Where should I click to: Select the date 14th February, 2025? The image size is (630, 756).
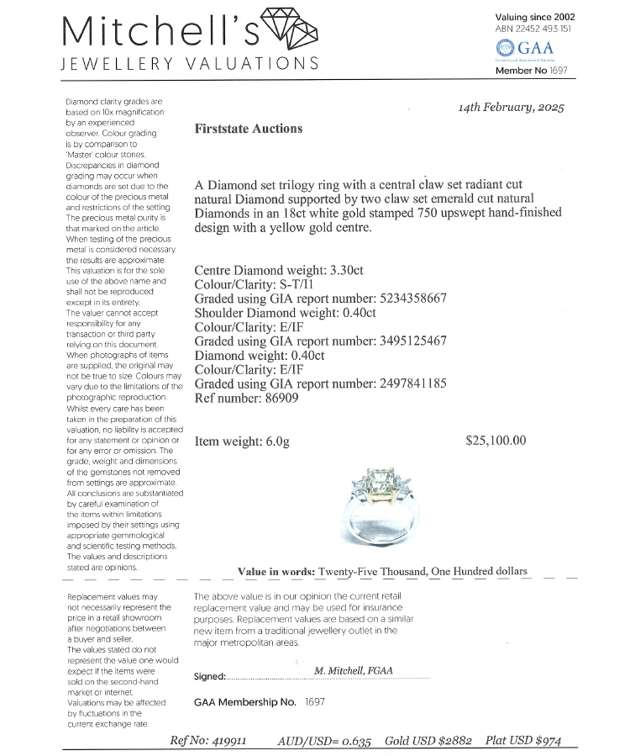pyautogui.click(x=512, y=108)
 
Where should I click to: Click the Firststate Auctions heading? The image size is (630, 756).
pyautogui.click(x=248, y=129)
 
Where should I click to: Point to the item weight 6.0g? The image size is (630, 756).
pyautogui.click(x=271, y=441)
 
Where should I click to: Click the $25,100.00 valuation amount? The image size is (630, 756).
pyautogui.click(x=496, y=440)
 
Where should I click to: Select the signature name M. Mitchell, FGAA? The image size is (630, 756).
pyautogui.click(x=354, y=671)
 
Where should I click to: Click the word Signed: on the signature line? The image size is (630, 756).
pyautogui.click(x=210, y=677)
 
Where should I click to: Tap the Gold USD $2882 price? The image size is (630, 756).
pyautogui.click(x=428, y=741)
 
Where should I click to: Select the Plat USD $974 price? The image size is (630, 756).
pyautogui.click(x=522, y=741)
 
